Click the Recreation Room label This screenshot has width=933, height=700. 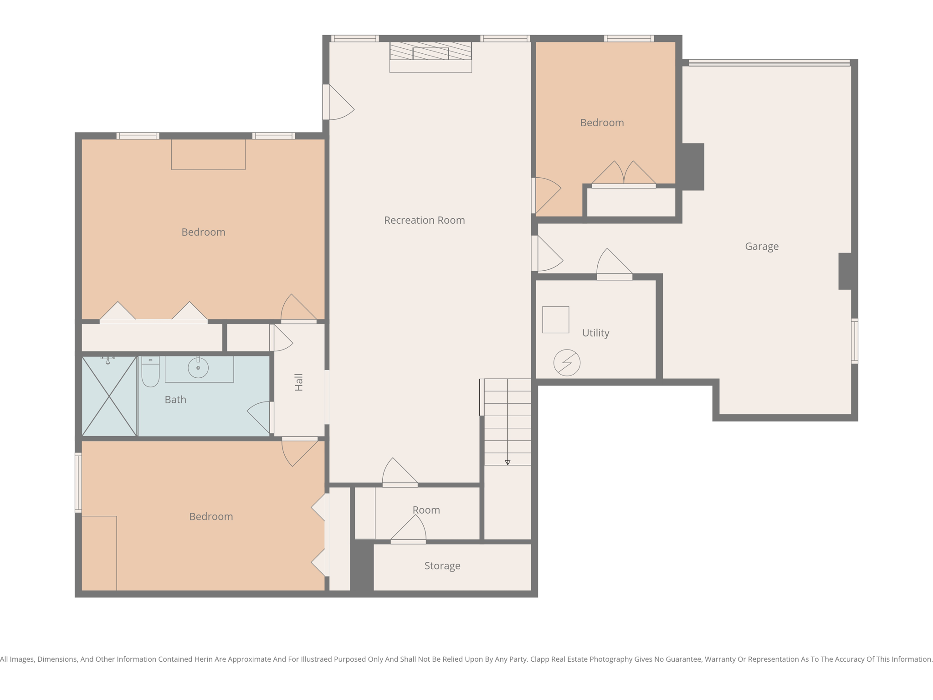click(x=424, y=220)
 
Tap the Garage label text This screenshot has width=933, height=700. click(x=762, y=246)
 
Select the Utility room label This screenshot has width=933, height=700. click(x=595, y=333)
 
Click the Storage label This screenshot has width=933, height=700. click(x=442, y=566)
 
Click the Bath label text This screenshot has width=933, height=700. click(x=175, y=400)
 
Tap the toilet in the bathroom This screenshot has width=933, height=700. click(x=150, y=372)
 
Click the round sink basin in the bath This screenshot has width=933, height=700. click(x=198, y=368)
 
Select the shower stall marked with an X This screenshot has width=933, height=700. click(x=109, y=396)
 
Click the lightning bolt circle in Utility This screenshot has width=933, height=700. click(x=567, y=363)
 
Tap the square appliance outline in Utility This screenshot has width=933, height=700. click(x=555, y=319)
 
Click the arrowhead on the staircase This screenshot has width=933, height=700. click(x=508, y=463)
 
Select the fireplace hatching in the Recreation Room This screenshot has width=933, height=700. click(x=431, y=51)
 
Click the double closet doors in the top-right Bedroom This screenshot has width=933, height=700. click(x=624, y=174)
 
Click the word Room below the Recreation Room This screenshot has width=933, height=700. click(x=426, y=510)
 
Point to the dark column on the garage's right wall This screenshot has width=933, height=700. click(x=845, y=271)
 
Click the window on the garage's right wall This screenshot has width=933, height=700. click(x=855, y=341)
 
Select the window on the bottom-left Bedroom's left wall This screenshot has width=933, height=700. click(x=78, y=483)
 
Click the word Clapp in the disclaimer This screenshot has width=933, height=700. click(x=540, y=659)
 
